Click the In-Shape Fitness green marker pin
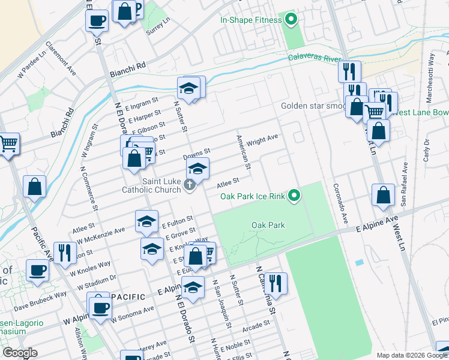(291, 20)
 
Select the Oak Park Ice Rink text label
(252, 196)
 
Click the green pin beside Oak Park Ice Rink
(294, 195)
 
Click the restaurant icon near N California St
(276, 284)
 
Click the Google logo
(19, 353)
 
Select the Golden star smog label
(312, 107)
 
